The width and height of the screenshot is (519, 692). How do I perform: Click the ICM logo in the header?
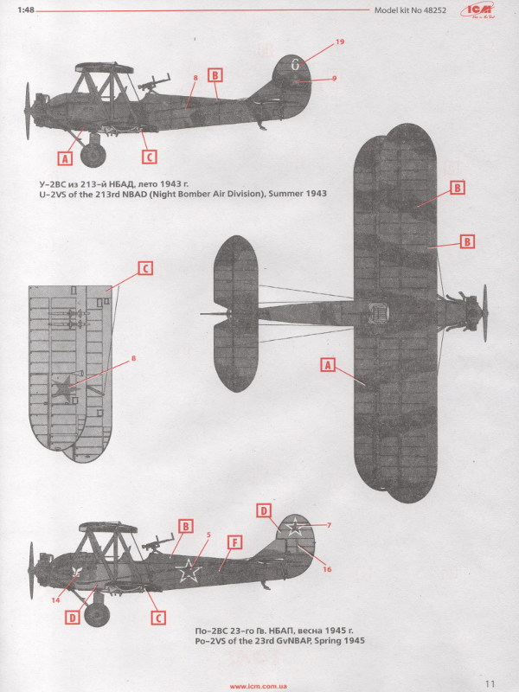click(477, 10)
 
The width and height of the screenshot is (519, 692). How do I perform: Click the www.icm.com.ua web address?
click(258, 686)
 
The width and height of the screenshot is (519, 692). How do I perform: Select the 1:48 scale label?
click(26, 10)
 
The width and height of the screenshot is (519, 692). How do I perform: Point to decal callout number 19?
click(339, 42)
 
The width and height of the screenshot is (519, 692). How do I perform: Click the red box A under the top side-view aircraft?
click(65, 157)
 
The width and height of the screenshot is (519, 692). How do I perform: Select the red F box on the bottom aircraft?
click(234, 542)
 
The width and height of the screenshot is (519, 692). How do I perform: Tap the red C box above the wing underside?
click(145, 268)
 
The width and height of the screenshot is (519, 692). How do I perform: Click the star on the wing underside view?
click(62, 388)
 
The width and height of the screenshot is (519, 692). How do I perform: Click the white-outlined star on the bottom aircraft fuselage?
click(189, 570)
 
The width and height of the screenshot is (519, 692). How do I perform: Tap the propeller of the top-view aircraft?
click(485, 313)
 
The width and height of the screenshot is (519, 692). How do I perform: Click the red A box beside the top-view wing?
click(328, 365)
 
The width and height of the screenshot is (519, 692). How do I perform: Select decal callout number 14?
click(55, 600)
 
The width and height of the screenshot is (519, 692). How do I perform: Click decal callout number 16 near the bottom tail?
click(327, 569)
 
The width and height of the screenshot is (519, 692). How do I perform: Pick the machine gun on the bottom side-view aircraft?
click(157, 541)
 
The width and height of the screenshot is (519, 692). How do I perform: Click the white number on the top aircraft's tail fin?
click(295, 65)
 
